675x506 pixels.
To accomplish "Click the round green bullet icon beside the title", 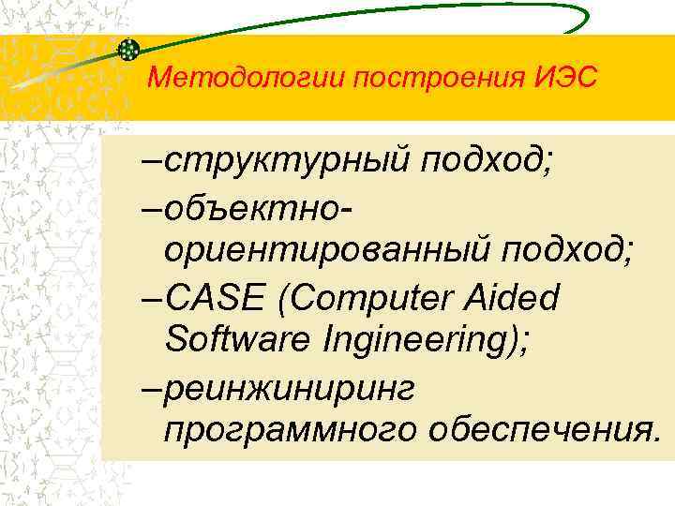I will (x=129, y=50).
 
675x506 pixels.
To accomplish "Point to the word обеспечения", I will (x=539, y=429).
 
